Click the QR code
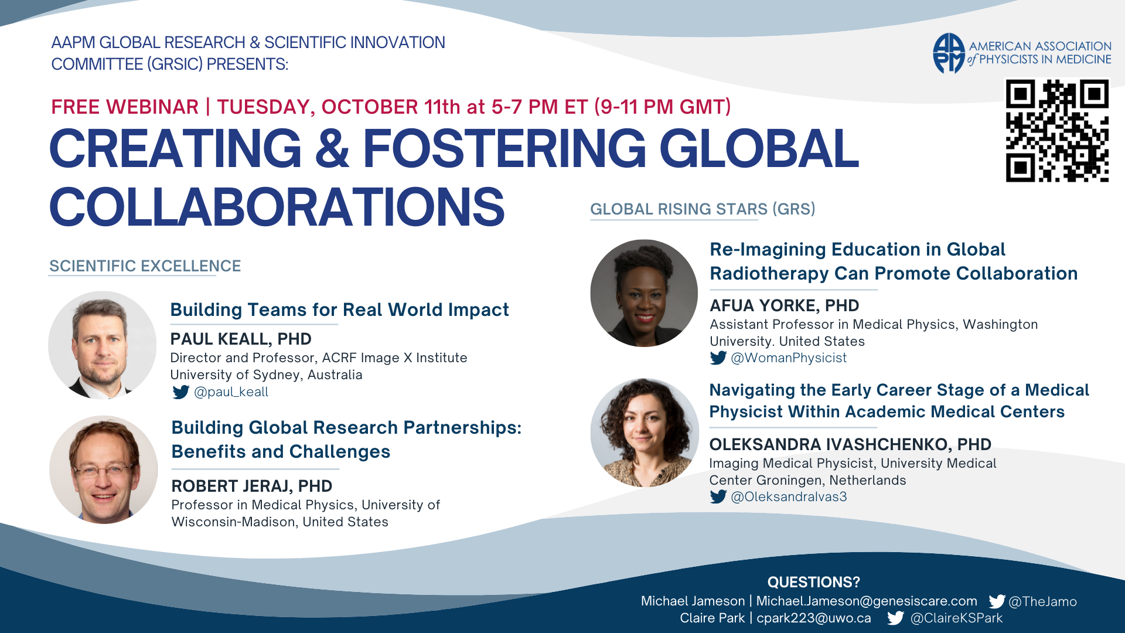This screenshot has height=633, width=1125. click(x=1057, y=131)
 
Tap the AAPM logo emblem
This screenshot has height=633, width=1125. click(x=949, y=53)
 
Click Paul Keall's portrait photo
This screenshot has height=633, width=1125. click(x=103, y=345)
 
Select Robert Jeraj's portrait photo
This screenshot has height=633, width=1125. click(x=104, y=469)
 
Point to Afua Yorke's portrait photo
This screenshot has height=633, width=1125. click(x=644, y=293)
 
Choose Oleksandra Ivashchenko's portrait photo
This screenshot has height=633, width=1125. click(x=645, y=433)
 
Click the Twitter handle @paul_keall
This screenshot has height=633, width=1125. click(x=231, y=392)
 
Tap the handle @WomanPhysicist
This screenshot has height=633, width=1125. click(x=789, y=358)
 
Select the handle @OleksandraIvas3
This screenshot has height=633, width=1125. click(x=789, y=497)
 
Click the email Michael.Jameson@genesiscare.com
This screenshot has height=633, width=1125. click(x=867, y=601)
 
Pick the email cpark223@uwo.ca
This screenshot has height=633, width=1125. click(x=814, y=618)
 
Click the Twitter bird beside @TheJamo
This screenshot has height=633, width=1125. click(x=997, y=601)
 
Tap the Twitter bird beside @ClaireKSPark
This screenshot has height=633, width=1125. click(x=895, y=618)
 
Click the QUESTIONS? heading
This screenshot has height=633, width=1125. click(x=814, y=582)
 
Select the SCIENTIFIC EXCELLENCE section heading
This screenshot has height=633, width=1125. click(x=145, y=266)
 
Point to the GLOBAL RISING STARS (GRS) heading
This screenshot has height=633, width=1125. click(x=703, y=209)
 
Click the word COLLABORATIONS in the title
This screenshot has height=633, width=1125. click(x=277, y=207)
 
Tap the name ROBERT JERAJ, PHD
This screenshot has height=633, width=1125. click(x=252, y=486)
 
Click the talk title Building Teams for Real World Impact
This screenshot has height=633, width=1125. click(x=340, y=309)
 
